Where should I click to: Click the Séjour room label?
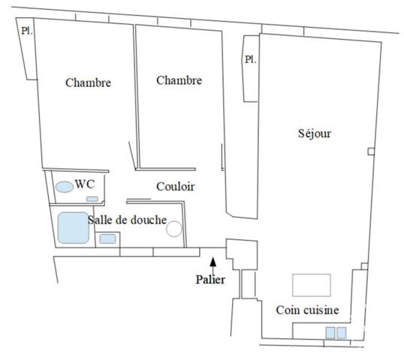click(315, 133)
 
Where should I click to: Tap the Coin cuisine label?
click(307, 310)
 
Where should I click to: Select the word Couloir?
click(176, 187)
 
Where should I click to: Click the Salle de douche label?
click(127, 220)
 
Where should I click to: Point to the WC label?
click(85, 184)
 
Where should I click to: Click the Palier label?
click(210, 280)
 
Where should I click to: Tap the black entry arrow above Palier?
click(213, 265)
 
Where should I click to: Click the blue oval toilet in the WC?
click(65, 187)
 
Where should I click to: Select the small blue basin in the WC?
click(92, 199)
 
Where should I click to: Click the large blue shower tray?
click(74, 228)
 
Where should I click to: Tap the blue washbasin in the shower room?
click(107, 238)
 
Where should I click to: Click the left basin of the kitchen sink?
click(330, 333)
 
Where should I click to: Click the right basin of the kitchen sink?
click(342, 333)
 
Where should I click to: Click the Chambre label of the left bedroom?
click(88, 82)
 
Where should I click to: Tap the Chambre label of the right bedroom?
click(179, 80)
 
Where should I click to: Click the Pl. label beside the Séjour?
click(251, 60)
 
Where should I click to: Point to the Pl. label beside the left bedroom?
click(27, 31)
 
